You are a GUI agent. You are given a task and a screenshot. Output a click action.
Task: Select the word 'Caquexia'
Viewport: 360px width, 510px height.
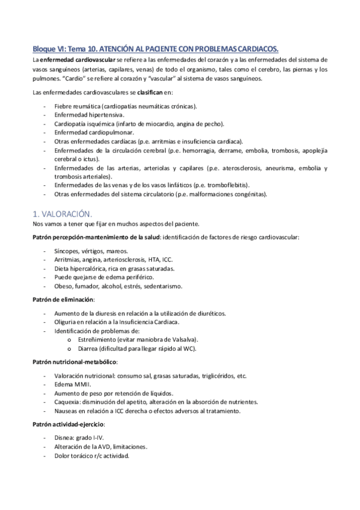[x=67, y=402]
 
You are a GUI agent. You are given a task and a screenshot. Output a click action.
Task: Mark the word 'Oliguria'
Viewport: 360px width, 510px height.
[x=66, y=322]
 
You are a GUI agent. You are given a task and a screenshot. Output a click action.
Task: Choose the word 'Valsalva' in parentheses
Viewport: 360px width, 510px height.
[x=183, y=339]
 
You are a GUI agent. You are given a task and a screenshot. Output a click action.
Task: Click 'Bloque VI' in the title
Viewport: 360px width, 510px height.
[x=48, y=48]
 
